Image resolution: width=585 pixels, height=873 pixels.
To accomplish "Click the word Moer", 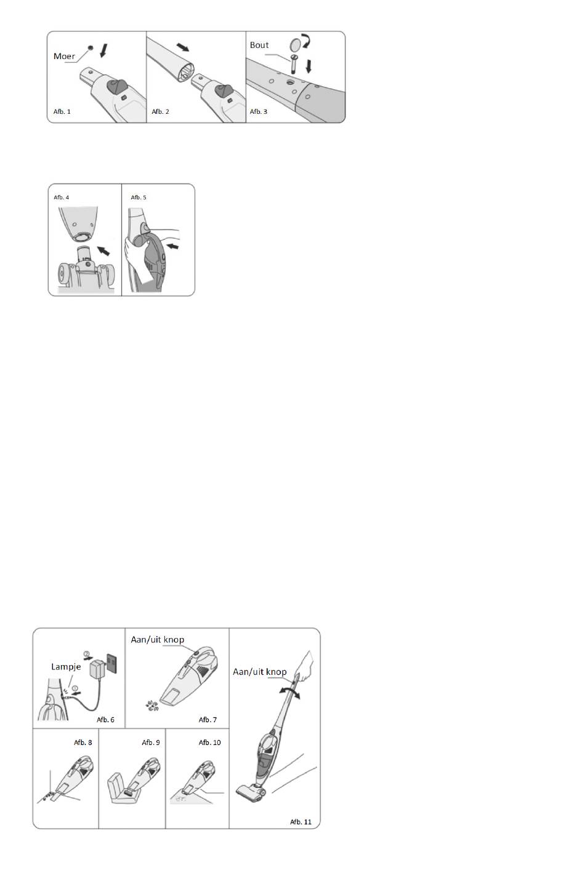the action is point(64,56).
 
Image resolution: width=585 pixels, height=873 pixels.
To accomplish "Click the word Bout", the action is point(259,45).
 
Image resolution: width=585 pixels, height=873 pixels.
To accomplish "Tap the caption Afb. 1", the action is point(62,111).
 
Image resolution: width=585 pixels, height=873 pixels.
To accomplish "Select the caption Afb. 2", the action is point(160,111).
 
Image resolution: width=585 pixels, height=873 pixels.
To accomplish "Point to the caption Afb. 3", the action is point(259,111).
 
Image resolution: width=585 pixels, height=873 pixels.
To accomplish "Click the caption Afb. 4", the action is point(61,197).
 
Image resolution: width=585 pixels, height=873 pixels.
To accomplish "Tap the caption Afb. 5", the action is point(139,197).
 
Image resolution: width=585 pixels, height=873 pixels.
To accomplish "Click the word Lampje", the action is point(66,667).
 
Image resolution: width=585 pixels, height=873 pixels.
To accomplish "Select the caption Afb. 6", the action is point(105,720).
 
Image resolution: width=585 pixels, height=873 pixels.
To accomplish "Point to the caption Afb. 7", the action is point(208,720).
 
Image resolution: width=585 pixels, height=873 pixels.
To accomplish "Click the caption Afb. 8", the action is point(83,743).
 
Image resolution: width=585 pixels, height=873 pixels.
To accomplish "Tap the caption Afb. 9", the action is point(151,743).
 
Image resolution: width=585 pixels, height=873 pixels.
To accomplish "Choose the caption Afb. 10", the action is point(210,743).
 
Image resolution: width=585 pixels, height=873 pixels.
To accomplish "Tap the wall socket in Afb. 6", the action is point(112,664).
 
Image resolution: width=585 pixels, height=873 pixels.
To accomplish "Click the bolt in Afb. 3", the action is point(294,64).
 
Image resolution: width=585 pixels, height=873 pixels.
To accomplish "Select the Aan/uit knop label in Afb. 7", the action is point(158,640).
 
